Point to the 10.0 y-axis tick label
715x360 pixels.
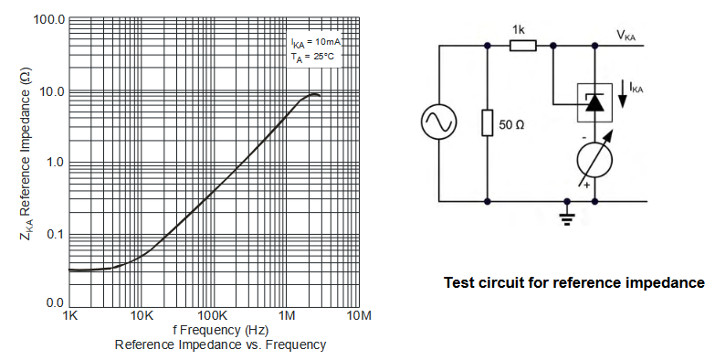coord(51,91)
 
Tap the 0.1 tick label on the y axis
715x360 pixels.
coord(55,235)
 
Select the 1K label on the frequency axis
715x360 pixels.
coord(69,315)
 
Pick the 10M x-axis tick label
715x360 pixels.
coord(359,315)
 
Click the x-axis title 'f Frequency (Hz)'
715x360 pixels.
coord(220,330)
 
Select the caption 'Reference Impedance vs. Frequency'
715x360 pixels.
coord(220,344)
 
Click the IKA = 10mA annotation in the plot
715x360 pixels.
coord(316,42)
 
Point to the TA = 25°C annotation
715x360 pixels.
coord(313,58)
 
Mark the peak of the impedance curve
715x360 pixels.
coord(314,94)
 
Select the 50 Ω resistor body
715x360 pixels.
coord(488,122)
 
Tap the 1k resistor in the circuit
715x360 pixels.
coord(522,46)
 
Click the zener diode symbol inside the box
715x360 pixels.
coord(594,103)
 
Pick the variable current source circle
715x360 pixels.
coord(594,161)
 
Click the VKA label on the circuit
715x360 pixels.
coord(626,36)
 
